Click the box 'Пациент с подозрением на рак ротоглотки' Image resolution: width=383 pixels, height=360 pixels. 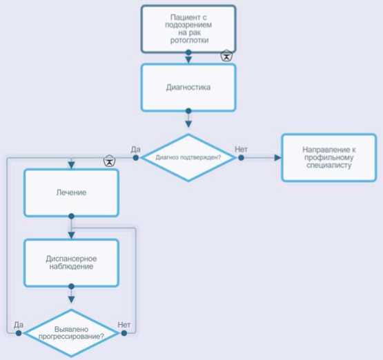pos(188,29)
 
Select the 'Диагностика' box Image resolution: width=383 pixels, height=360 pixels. pos(188,88)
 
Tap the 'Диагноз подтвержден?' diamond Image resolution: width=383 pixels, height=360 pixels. pos(188,158)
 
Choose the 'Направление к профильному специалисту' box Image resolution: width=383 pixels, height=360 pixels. pos(329,158)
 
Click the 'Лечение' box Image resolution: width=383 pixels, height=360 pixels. pos(71,193)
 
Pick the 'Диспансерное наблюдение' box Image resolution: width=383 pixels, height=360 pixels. pos(71,263)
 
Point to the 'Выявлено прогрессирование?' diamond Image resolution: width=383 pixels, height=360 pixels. pos(71,333)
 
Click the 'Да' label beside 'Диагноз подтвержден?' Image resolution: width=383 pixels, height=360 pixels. pos(135,150)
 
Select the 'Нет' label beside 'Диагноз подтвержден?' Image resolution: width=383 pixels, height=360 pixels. pos(241,150)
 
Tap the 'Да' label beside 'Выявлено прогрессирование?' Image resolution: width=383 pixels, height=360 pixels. pos(19,325)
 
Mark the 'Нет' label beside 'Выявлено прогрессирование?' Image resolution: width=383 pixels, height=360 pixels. pos(124,325)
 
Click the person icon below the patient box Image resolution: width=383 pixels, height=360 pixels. pos(226,56)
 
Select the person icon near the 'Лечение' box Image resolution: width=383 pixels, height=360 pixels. pos(110,161)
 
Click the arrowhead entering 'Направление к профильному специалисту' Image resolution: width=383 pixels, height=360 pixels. pos(277,158)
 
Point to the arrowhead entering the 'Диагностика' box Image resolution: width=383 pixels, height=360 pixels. pos(188,60)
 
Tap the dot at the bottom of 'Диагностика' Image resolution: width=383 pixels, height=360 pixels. pos(188,111)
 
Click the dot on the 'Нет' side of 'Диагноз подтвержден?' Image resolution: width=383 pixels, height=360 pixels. pos(241,158)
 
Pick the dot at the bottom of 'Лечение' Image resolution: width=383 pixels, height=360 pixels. pos(71,217)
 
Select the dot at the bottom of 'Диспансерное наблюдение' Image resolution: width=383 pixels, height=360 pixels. pos(71,286)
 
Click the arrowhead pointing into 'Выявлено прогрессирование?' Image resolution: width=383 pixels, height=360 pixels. pos(71,299)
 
